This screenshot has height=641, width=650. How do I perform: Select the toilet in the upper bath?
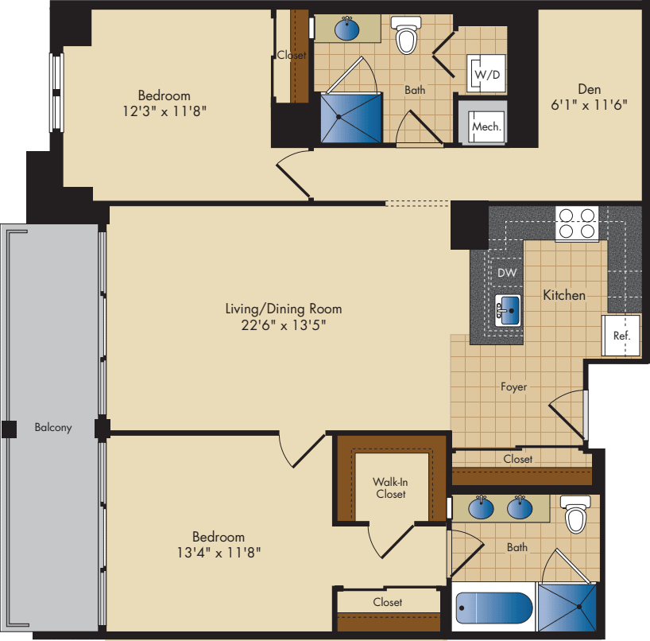tap(406, 37)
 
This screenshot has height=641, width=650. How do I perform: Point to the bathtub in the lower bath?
tap(493, 611)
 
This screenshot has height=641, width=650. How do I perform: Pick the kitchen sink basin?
tap(507, 310)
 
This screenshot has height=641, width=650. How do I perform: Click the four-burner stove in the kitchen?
tap(576, 223)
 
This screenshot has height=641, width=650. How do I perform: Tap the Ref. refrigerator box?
tap(621, 336)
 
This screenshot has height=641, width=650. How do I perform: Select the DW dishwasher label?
tap(507, 273)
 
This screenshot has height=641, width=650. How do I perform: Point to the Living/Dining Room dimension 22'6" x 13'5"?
tap(283, 324)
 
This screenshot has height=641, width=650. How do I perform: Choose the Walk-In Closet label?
tap(390, 488)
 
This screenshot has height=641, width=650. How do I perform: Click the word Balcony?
tap(53, 427)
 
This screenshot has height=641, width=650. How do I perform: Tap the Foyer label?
tap(513, 387)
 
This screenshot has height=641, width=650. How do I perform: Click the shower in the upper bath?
tap(350, 118)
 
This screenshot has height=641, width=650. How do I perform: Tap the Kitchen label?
tap(564, 295)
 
